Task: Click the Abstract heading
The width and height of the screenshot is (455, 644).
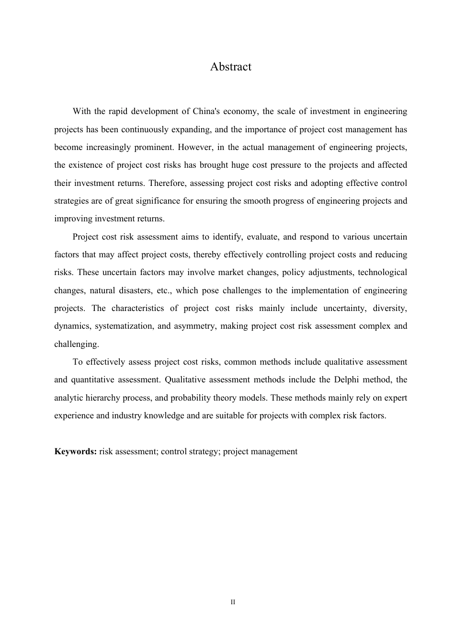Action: click(x=230, y=67)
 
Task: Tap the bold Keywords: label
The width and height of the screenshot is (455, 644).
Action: click(x=76, y=451)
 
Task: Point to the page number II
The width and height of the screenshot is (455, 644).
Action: click(x=233, y=602)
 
